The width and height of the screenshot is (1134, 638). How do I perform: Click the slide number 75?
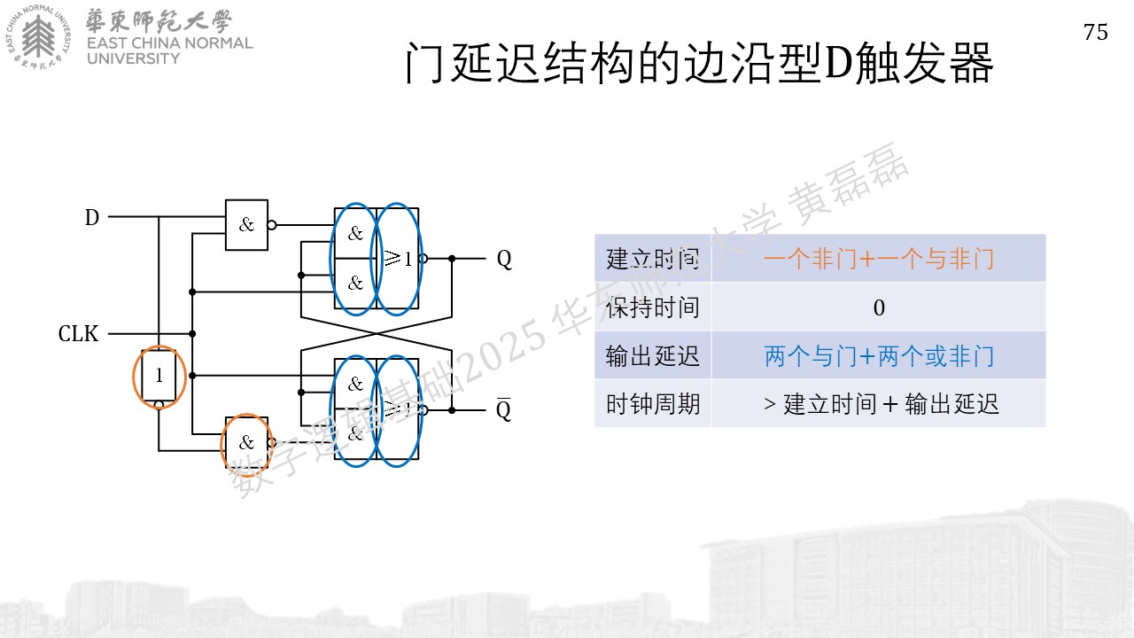pyautogui.click(x=1096, y=33)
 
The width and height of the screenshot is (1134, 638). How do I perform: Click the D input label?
pyautogui.click(x=91, y=218)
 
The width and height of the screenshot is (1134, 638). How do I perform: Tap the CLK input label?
pyautogui.click(x=78, y=334)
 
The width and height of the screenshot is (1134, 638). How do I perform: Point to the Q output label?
pyautogui.click(x=504, y=260)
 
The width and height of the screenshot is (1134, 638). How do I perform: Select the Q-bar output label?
pyautogui.click(x=504, y=409)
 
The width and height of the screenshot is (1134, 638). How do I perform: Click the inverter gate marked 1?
pyautogui.click(x=159, y=376)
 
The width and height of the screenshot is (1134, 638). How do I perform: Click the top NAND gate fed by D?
pyautogui.click(x=246, y=225)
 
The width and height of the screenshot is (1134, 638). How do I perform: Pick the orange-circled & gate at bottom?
pyautogui.click(x=246, y=443)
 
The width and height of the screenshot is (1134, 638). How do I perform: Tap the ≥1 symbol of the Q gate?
pyautogui.click(x=398, y=259)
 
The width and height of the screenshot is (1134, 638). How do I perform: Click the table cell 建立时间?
pyautogui.click(x=653, y=259)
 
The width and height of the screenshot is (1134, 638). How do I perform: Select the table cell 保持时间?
pyautogui.click(x=653, y=307)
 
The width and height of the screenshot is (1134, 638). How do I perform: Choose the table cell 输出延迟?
pyautogui.click(x=653, y=356)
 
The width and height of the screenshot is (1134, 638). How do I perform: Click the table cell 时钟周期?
pyautogui.click(x=653, y=404)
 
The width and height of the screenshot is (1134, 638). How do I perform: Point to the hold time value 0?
pyautogui.click(x=879, y=307)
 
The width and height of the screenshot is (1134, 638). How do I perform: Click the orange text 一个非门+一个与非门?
pyautogui.click(x=879, y=259)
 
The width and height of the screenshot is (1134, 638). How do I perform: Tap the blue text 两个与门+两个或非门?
pyautogui.click(x=879, y=356)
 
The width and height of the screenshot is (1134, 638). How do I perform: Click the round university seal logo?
pyautogui.click(x=38, y=36)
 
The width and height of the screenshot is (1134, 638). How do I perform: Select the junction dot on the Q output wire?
pyautogui.click(x=452, y=259)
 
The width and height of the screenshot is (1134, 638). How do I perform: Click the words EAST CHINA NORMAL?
pyautogui.click(x=169, y=43)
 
